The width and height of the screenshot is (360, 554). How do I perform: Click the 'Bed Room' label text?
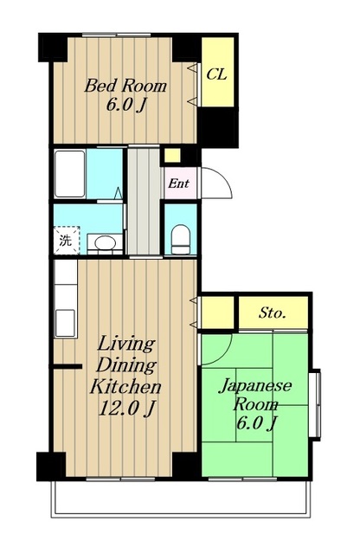125,86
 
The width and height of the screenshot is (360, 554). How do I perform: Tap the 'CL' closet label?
216,74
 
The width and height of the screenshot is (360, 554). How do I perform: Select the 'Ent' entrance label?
178,184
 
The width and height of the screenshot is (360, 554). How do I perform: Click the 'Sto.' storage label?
272,312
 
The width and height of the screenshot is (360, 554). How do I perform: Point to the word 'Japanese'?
254,385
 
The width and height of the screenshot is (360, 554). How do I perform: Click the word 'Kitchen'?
126,386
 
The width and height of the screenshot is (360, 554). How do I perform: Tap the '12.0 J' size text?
125,408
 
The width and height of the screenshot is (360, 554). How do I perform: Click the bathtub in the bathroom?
68,172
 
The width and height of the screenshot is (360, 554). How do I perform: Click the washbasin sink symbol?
105,242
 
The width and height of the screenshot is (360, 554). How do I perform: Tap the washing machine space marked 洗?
65,241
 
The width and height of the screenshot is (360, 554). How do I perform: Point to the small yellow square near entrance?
172,155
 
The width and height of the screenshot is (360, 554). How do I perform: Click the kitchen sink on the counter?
65,322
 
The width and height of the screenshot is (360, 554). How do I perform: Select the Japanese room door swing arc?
216,346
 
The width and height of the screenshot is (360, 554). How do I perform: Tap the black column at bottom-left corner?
50,465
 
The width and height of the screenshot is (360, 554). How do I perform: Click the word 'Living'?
126,344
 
